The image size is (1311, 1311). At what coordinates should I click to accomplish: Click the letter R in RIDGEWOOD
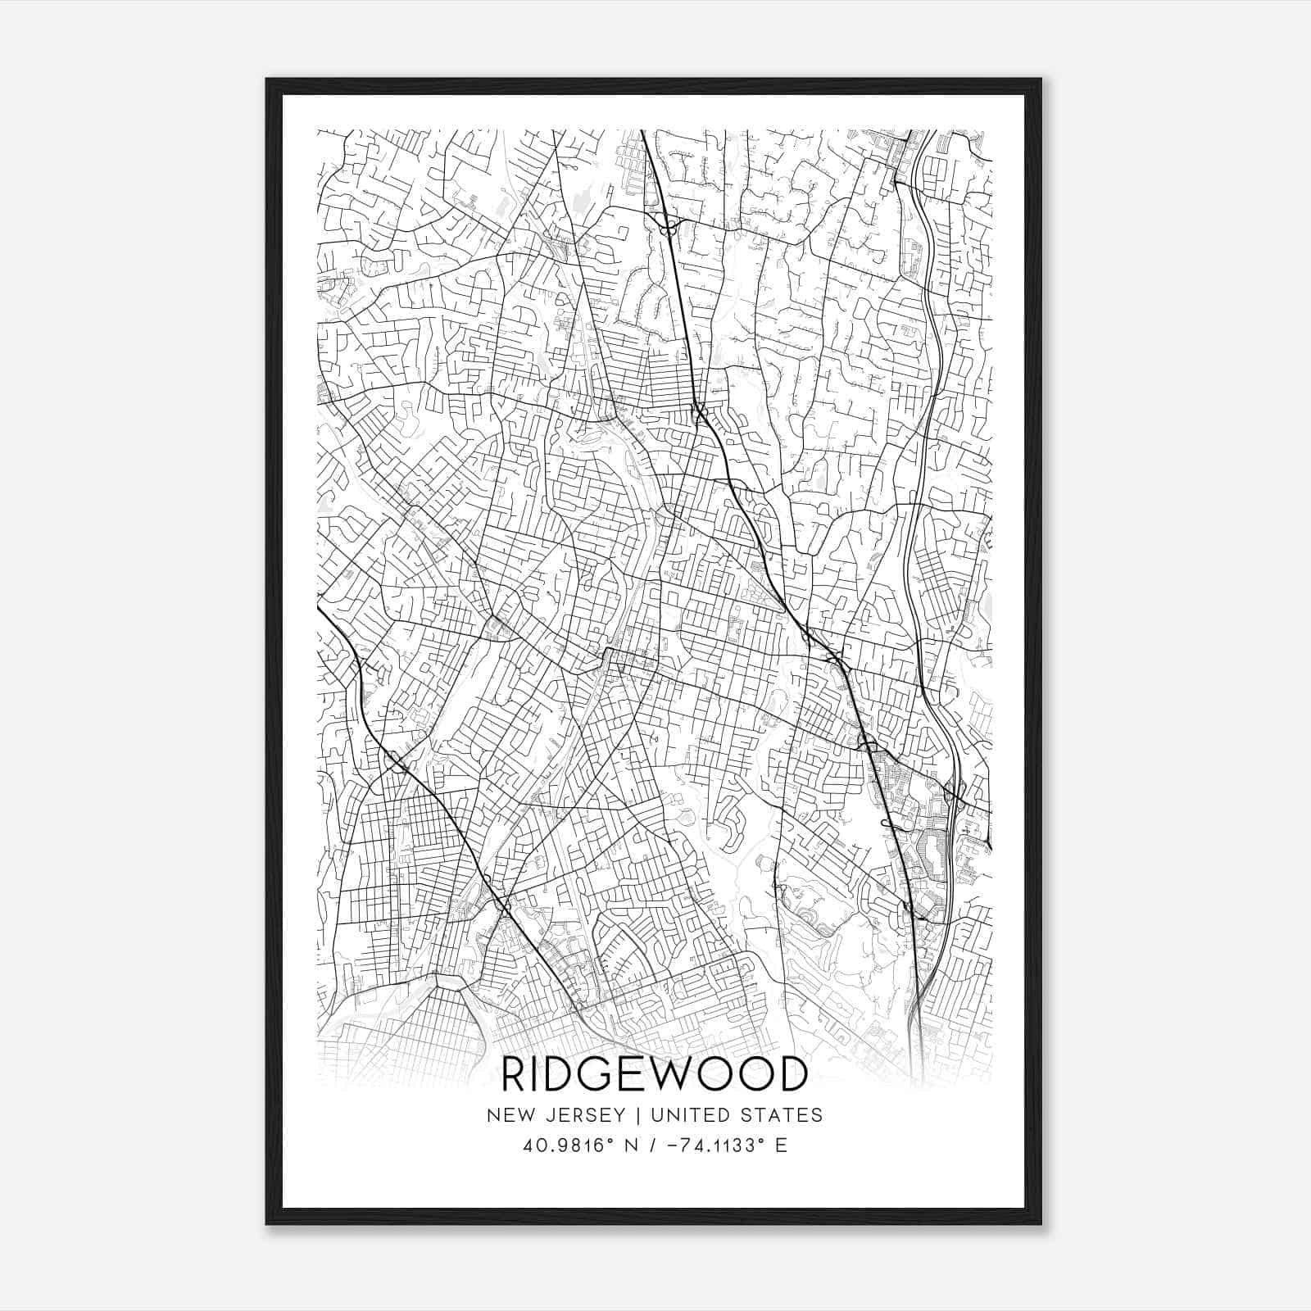click(515, 1074)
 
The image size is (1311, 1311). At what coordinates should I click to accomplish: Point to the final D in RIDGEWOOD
click(792, 1074)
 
